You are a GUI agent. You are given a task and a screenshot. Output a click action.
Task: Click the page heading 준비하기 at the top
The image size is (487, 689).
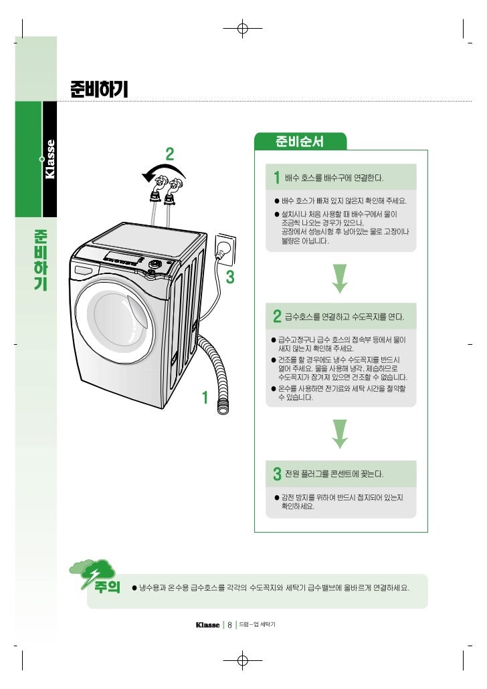[98, 88]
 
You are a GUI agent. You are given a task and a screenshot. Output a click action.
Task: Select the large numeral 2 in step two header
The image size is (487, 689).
[276, 315]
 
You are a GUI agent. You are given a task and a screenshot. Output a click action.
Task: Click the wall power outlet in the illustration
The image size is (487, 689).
[225, 249]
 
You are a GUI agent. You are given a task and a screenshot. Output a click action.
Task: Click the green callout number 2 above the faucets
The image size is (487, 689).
[170, 154]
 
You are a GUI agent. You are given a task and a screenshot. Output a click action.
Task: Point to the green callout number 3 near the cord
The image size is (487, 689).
[230, 277]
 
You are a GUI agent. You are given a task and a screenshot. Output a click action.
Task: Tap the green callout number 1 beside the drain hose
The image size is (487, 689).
[205, 398]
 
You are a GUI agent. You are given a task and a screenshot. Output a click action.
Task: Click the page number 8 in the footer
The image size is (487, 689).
[229, 626]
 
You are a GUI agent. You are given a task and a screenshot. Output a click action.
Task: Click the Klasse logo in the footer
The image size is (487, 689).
[207, 626]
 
